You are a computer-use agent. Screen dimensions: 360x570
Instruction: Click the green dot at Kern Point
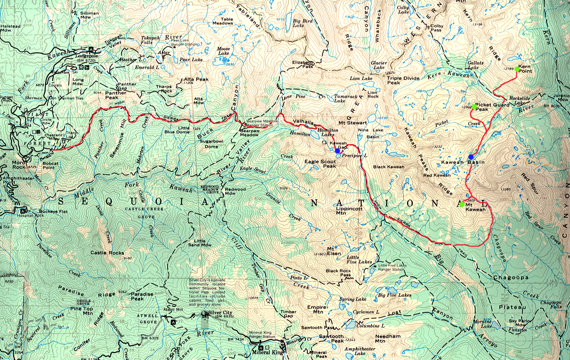point(517,69)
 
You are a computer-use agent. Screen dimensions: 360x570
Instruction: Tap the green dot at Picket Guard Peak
point(474,106)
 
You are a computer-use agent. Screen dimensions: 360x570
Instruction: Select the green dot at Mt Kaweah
point(462,204)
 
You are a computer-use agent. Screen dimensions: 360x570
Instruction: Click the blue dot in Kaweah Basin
point(471,157)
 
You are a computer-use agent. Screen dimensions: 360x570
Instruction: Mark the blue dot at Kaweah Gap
point(337,151)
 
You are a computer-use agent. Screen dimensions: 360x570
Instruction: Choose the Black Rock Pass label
point(338,273)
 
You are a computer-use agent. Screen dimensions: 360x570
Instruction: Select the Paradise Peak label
point(142,296)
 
